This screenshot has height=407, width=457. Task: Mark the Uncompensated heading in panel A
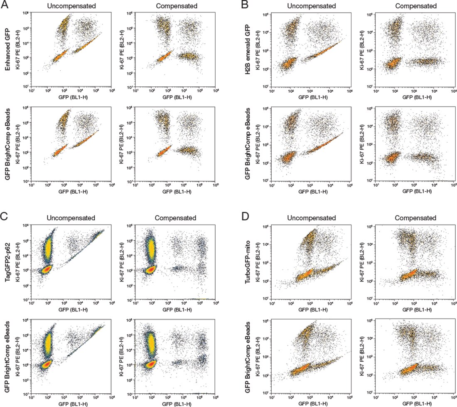click(72, 6)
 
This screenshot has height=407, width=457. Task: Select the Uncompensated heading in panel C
click(72, 218)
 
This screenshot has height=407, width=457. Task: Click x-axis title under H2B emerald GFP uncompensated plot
click(310, 97)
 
